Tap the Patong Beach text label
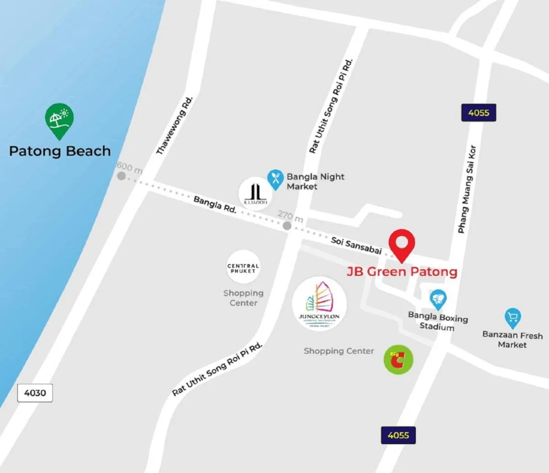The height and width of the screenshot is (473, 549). coord(60,151)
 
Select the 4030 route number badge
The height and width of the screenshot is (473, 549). coord(35,393)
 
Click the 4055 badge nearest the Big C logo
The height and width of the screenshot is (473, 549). coord(398,435)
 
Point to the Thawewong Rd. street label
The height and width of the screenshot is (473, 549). coord(175,125)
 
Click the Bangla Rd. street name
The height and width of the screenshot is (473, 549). coord(215,204)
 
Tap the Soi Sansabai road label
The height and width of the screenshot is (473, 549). coord(356,245)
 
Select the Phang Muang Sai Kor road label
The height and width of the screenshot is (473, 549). coord(467,189)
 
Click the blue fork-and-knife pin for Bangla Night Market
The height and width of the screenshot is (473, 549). coord(275,179)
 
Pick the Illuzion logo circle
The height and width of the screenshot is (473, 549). coord(255,193)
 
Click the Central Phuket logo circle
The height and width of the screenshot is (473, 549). coord(243,268)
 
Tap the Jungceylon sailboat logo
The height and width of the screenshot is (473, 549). coord(319,304)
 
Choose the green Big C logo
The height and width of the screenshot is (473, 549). coord(398,360)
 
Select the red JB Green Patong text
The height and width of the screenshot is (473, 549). coord(402,272)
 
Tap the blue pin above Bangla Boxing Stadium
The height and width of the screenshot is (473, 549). coord(438,300)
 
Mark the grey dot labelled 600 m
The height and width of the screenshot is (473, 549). coord(121,176)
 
